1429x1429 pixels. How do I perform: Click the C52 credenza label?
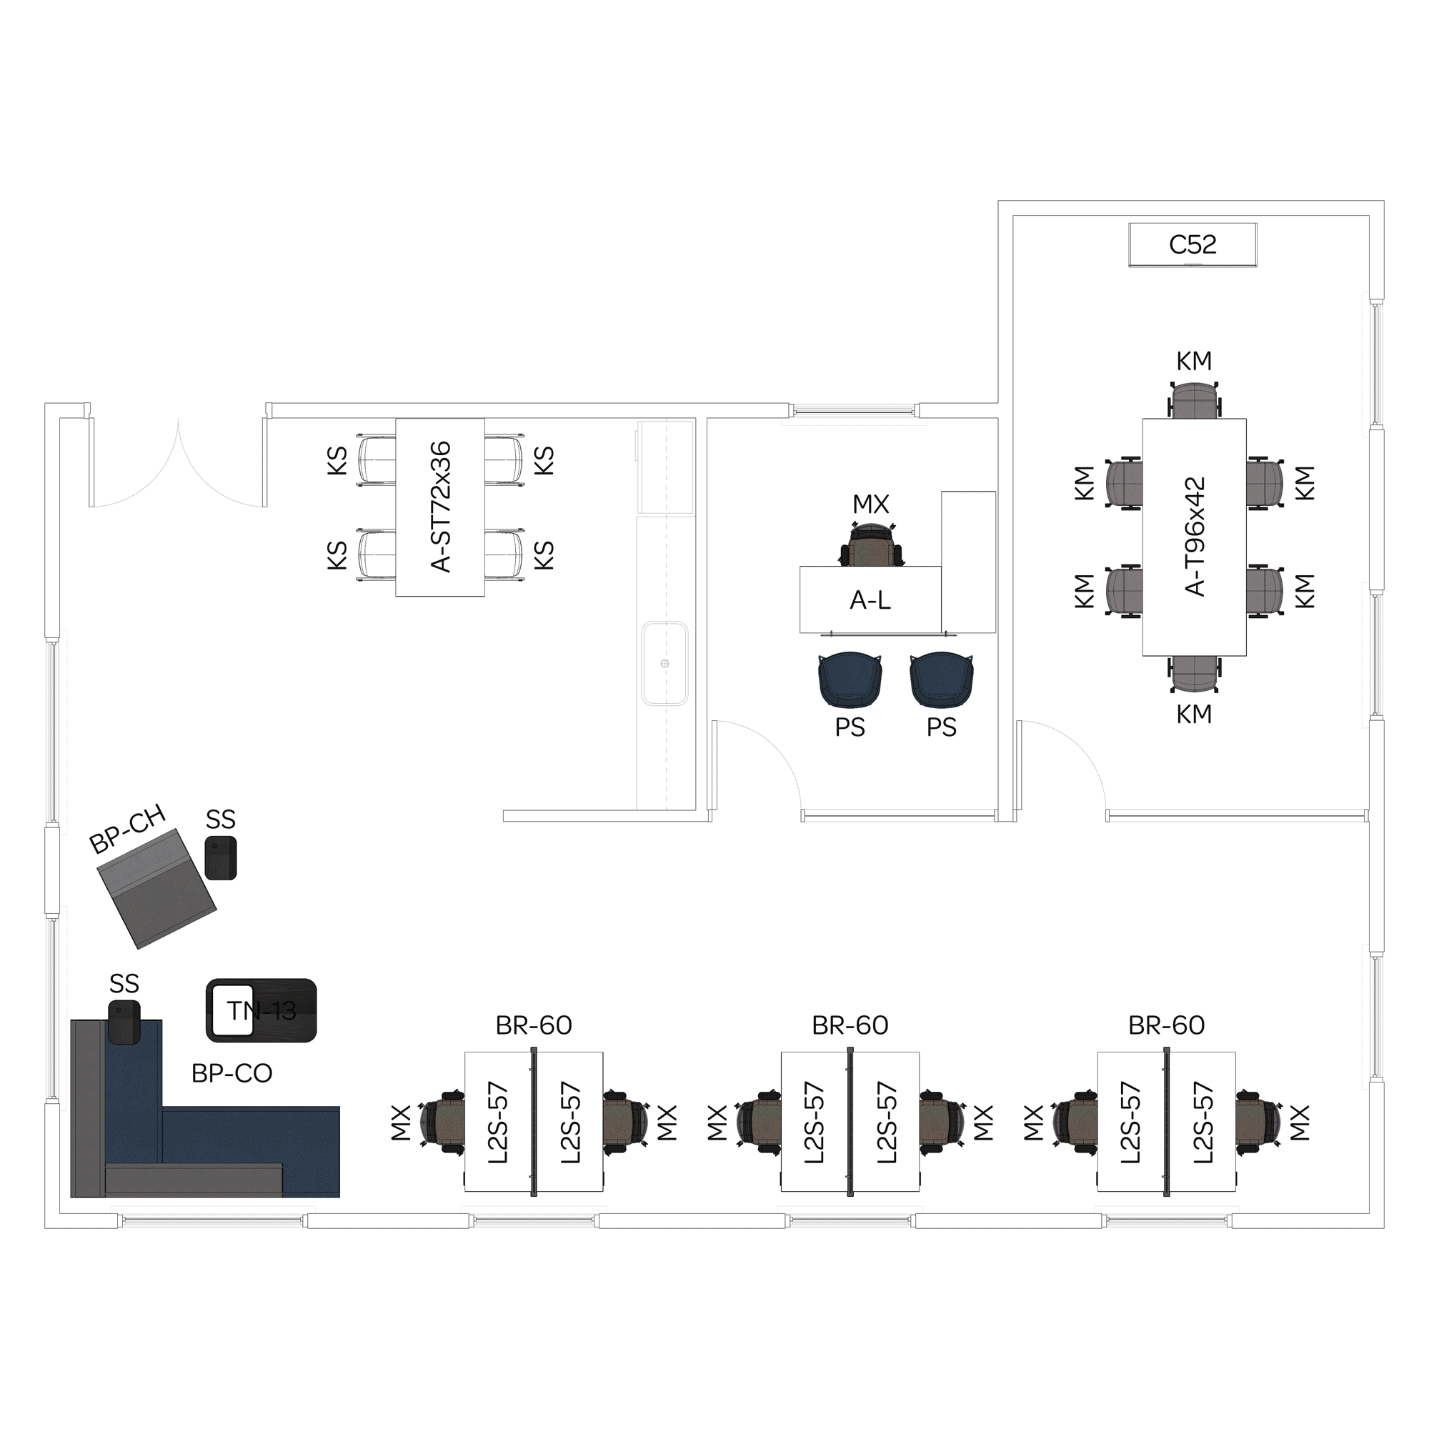point(1193,245)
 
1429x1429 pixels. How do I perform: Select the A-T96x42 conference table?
point(1194,537)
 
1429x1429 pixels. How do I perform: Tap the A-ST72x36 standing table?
point(440,507)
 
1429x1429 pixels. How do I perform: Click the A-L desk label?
point(870,600)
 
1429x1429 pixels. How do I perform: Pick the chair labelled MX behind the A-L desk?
point(871,544)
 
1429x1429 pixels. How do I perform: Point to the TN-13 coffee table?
point(261,1010)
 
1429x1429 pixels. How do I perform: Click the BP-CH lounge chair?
point(156,888)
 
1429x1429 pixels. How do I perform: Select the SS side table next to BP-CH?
point(220,858)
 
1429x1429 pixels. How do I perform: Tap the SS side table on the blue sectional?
point(124,1022)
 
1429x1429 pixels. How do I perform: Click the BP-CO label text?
point(231,1073)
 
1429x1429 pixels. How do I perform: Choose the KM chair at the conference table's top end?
point(1195,400)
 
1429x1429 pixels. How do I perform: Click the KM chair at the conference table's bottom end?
point(1195,674)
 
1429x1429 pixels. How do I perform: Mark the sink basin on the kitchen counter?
point(665,664)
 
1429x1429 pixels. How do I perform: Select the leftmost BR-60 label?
point(533,1025)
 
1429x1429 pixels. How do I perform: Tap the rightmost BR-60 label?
point(1167,1025)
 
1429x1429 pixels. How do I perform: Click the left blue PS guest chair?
point(850,679)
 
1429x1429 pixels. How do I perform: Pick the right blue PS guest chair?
point(942,679)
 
